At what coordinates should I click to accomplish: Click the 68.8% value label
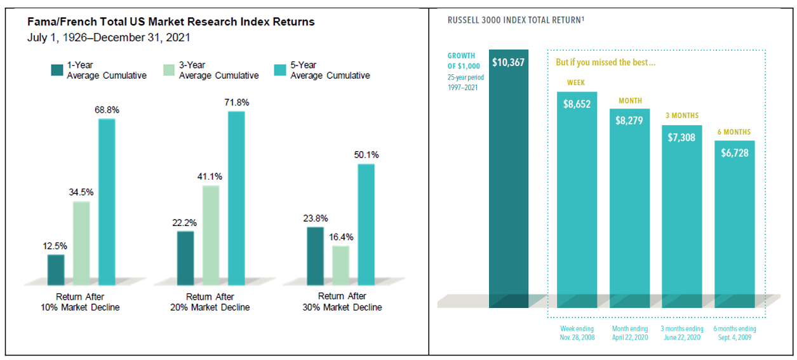pos(107,110)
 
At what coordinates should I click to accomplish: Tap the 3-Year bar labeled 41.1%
pos(211,235)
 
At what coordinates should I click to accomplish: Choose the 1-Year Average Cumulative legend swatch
pos(56,70)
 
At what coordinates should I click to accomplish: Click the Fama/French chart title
pos(171,22)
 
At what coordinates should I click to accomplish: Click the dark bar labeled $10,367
pos(508,184)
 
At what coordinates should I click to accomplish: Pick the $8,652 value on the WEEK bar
pos(577,103)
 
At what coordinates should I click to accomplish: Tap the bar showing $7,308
pos(681,216)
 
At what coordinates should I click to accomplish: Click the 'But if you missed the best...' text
pos(596,63)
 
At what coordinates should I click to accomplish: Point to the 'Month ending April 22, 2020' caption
pos(629,333)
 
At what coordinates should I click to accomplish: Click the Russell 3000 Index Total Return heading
pos(516,20)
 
